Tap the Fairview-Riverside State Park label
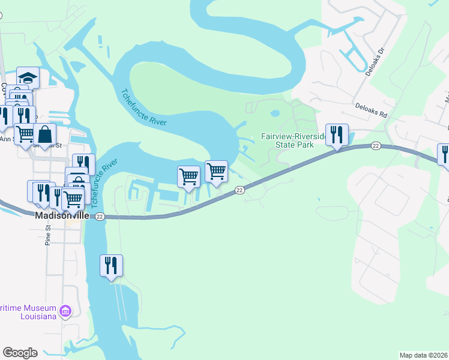[295, 140]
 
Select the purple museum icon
[65, 311]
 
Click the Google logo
[20, 353]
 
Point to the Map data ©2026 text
[423, 355]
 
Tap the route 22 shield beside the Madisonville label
[100, 216]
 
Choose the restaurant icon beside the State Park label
[336, 134]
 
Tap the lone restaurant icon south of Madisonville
[111, 265]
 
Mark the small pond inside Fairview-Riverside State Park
[275, 113]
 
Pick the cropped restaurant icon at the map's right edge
[444, 154]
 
